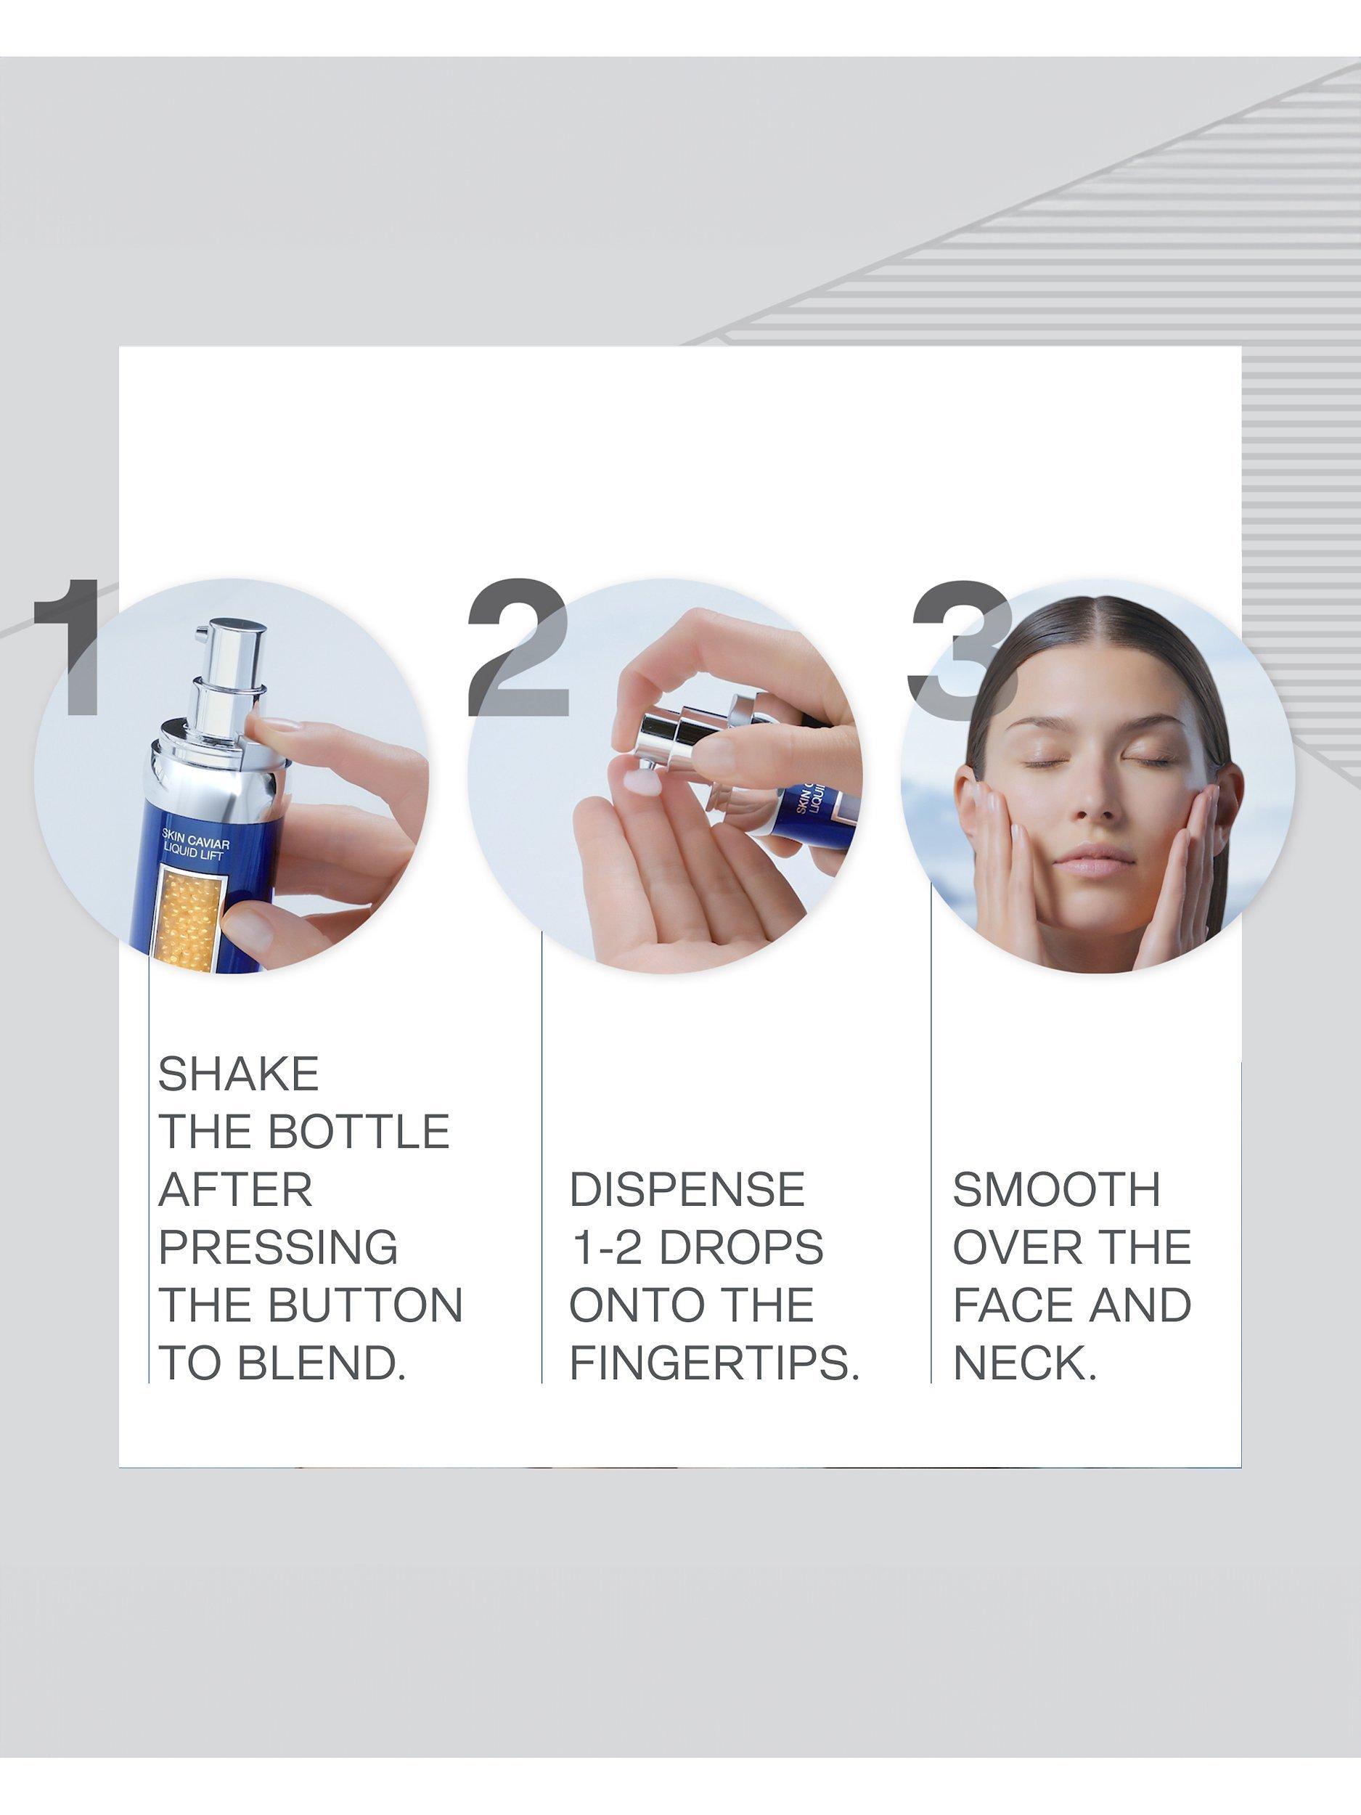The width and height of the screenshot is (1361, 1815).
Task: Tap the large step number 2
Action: [x=518, y=648]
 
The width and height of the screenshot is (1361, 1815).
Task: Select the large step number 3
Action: [x=962, y=649]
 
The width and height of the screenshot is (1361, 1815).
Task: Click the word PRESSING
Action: [x=278, y=1247]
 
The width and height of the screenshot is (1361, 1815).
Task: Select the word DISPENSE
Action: [x=687, y=1190]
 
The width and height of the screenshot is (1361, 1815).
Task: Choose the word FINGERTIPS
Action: [x=714, y=1363]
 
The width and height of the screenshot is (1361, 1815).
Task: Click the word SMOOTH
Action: [x=1057, y=1190]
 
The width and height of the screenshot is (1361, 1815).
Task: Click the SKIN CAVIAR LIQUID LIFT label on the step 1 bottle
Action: [x=195, y=849]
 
